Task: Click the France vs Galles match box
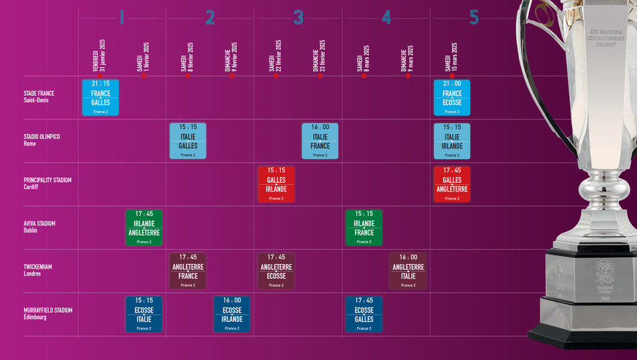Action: [x=100, y=98]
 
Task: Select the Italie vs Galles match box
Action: [x=188, y=141]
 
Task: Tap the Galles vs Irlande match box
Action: [x=276, y=184]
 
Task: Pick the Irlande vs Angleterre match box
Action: [x=144, y=228]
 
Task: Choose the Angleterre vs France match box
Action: [x=188, y=271]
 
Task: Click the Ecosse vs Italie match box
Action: [x=144, y=314]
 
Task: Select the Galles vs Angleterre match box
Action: [x=452, y=184]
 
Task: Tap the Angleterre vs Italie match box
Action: [x=408, y=271]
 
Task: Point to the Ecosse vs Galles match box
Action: [x=364, y=314]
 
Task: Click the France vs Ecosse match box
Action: [x=452, y=98]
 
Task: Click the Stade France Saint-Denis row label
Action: [x=39, y=96]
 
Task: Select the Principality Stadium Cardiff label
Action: [x=48, y=184]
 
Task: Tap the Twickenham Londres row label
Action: [x=37, y=270]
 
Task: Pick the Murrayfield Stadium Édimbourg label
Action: [x=48, y=314]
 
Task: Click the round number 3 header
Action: [x=298, y=18]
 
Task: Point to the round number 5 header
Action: [x=474, y=18]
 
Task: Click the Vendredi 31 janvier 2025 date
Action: [x=99, y=56]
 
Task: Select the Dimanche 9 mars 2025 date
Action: [x=407, y=56]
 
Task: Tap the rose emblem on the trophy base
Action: [x=598, y=276]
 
